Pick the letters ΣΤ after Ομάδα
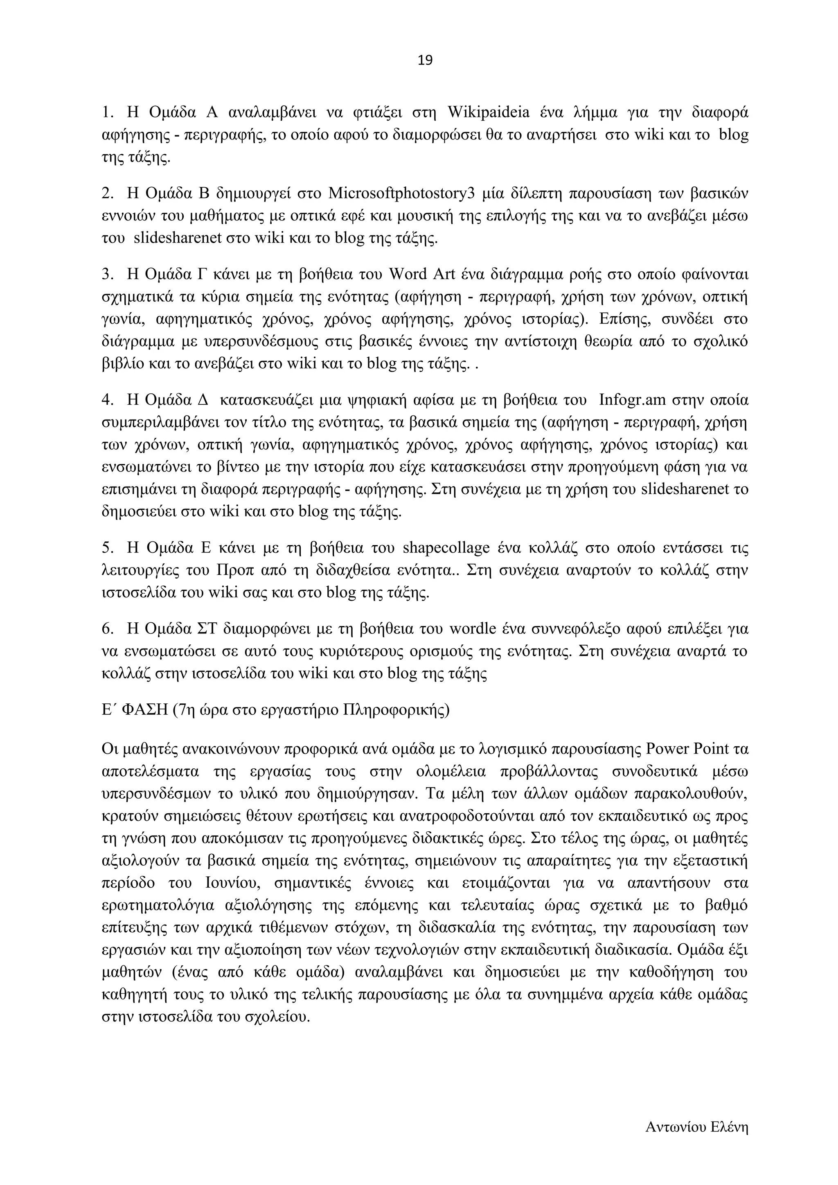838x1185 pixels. coord(209,629)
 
